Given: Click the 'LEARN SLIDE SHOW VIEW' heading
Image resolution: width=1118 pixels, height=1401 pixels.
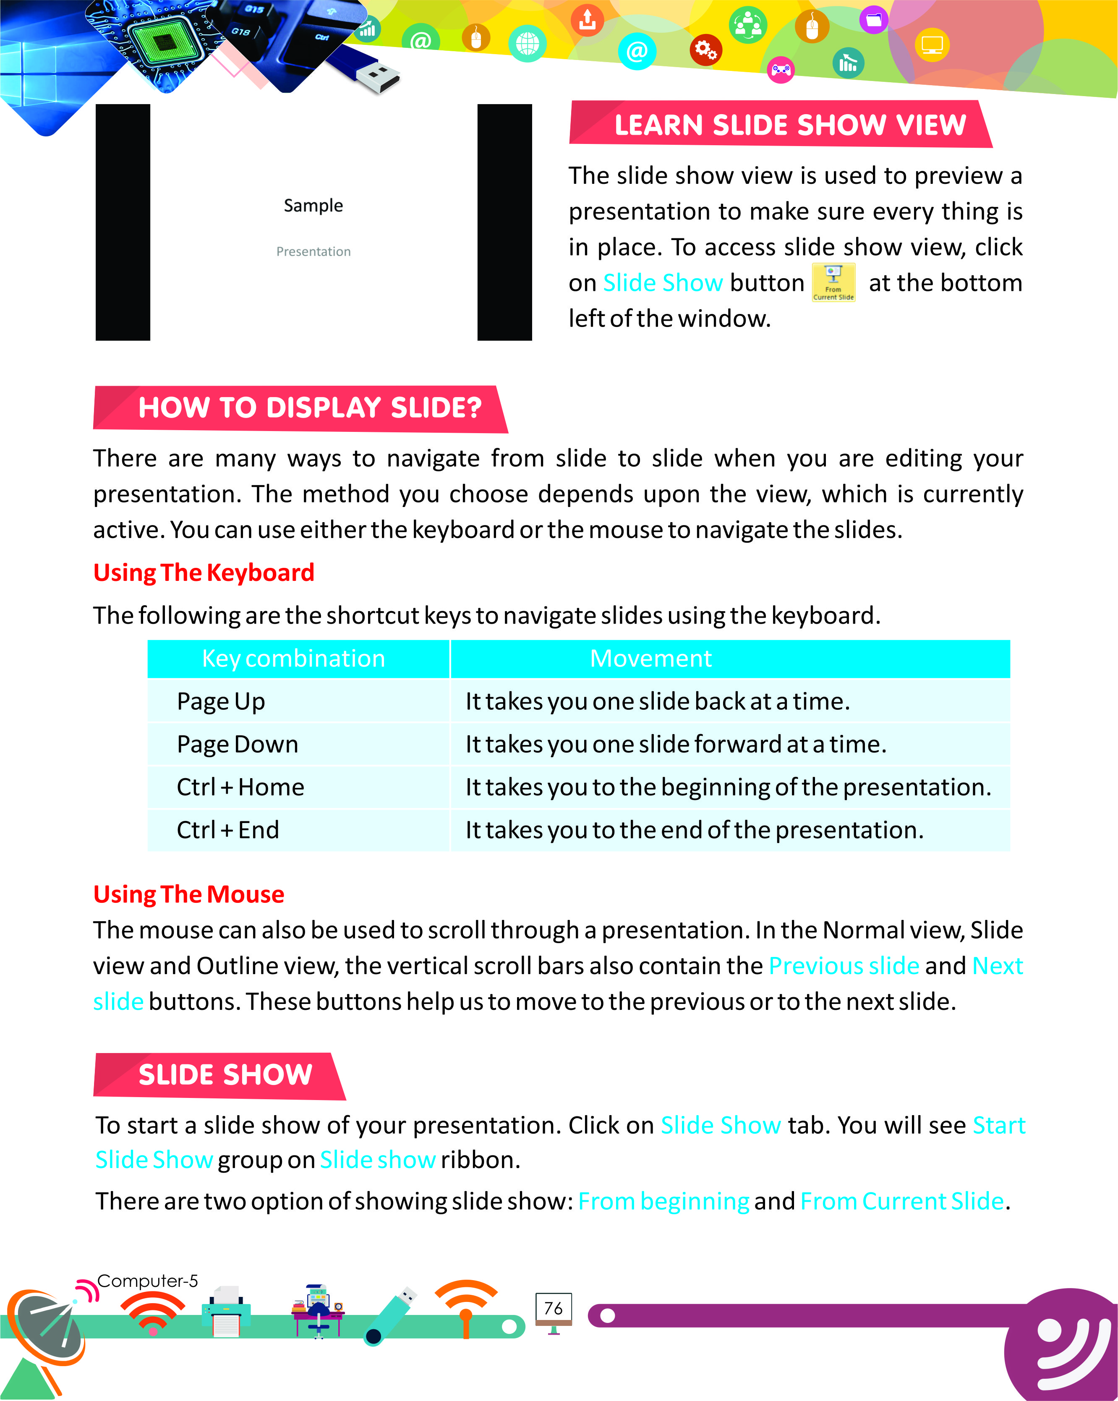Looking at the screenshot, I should [789, 125].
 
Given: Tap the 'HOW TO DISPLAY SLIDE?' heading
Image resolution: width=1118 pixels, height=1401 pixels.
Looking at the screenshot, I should [309, 408].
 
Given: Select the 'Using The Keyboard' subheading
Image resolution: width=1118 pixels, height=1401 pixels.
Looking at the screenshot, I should [204, 572].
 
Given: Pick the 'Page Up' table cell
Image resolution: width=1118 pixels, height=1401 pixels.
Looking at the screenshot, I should [221, 701].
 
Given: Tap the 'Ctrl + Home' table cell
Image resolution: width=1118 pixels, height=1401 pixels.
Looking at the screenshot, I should [240, 787].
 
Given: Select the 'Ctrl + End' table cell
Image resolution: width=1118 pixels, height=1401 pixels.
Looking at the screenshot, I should [228, 830].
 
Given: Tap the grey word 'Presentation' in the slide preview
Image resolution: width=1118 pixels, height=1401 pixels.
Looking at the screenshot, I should [313, 251].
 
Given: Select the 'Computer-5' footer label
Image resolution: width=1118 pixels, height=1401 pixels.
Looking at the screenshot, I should [147, 1281].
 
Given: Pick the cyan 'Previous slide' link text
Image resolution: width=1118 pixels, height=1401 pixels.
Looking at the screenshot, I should [843, 966].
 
